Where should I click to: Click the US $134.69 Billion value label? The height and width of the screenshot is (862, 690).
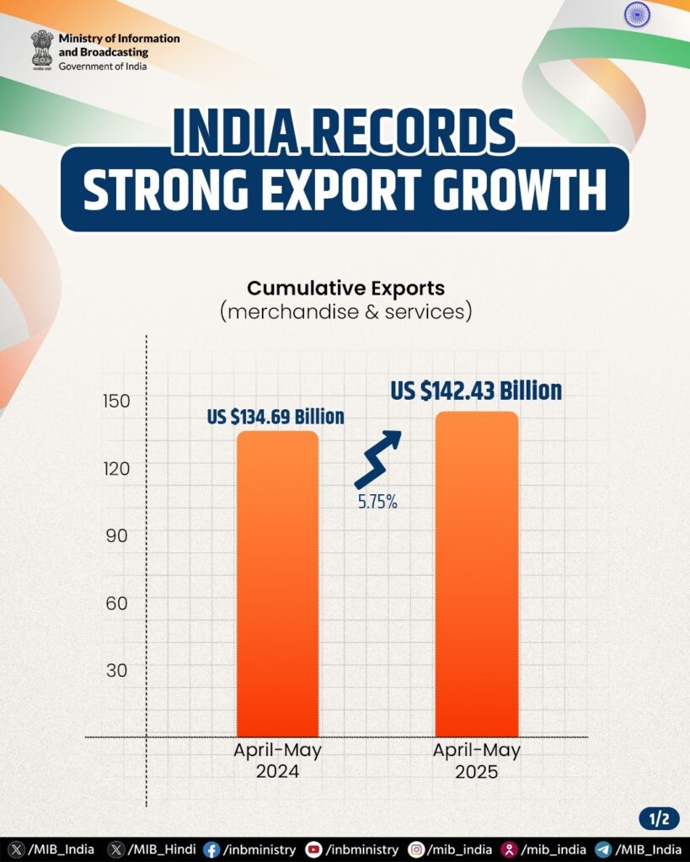point(276,417)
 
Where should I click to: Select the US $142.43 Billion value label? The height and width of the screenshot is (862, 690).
point(475,391)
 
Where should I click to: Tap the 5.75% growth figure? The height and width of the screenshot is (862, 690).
point(377,503)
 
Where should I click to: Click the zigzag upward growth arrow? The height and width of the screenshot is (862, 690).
point(377,459)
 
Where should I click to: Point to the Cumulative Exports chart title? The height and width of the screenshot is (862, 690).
point(345,288)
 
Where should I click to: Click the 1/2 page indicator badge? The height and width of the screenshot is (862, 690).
point(658,817)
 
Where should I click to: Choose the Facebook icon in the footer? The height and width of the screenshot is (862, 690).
point(211,850)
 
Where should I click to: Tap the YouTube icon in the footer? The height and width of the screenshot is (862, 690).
point(313,850)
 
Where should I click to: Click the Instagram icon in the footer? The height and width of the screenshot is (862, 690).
point(415,850)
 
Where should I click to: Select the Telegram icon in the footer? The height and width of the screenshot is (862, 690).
point(603,850)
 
